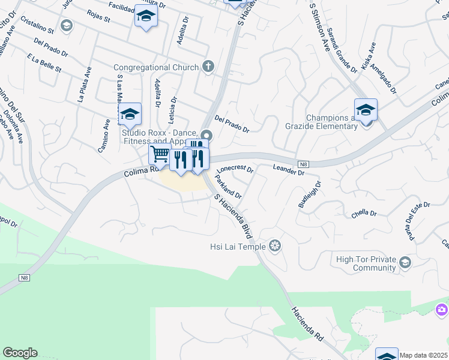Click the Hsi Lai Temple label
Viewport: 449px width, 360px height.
click(x=238, y=245)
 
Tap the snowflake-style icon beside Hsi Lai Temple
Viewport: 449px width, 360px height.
click(x=275, y=245)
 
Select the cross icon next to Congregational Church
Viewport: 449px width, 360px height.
click(x=208, y=66)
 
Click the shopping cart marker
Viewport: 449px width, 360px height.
click(x=160, y=154)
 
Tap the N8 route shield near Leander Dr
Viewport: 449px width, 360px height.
click(x=304, y=163)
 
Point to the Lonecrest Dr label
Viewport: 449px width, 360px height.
click(x=235, y=169)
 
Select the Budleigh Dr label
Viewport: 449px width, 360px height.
click(x=310, y=194)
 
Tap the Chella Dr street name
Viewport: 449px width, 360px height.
click(x=364, y=214)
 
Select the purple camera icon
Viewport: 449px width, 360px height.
click(x=442, y=310)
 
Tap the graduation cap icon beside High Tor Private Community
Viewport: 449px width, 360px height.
click(x=405, y=263)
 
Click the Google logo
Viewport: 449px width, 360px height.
click(x=20, y=353)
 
